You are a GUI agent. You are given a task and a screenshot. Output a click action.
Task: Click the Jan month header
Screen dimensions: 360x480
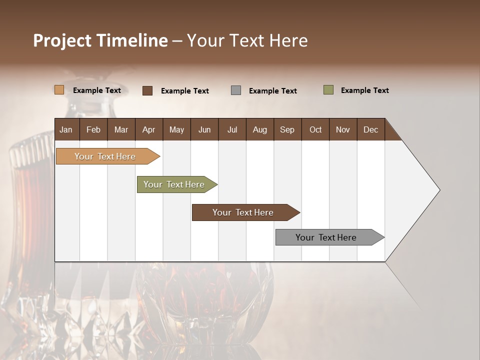click(x=66, y=129)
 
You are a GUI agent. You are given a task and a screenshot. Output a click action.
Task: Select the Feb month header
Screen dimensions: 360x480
click(x=93, y=129)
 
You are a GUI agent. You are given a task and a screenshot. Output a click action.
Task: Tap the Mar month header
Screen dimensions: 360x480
click(x=121, y=129)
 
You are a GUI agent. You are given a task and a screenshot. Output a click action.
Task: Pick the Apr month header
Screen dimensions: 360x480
click(x=148, y=129)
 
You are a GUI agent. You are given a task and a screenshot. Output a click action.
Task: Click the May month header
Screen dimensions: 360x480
click(x=176, y=129)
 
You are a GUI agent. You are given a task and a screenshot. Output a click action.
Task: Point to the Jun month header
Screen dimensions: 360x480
click(x=204, y=129)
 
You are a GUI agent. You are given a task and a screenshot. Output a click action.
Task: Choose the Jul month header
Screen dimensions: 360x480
click(x=232, y=129)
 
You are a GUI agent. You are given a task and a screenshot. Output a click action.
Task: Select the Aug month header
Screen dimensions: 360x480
click(x=259, y=129)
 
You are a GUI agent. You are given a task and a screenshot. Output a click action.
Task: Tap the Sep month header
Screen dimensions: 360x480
click(x=287, y=129)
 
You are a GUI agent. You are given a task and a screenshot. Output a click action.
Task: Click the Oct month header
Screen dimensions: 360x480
click(x=315, y=129)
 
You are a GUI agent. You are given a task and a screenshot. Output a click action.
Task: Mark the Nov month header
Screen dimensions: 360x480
click(x=343, y=129)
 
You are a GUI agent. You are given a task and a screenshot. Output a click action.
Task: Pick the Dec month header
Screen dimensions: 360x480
click(x=370, y=129)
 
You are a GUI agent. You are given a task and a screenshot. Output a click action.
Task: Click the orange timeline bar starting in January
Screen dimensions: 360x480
click(x=105, y=156)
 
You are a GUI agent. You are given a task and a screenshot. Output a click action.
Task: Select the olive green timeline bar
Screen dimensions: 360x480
click(x=174, y=184)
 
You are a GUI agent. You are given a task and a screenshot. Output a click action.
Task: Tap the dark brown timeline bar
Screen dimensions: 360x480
click(x=243, y=212)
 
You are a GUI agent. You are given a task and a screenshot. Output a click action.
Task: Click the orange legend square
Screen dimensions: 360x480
click(x=59, y=90)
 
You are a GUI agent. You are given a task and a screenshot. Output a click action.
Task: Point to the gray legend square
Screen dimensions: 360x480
click(x=236, y=90)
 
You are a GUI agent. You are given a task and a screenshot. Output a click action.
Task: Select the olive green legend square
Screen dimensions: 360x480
click(x=328, y=90)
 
